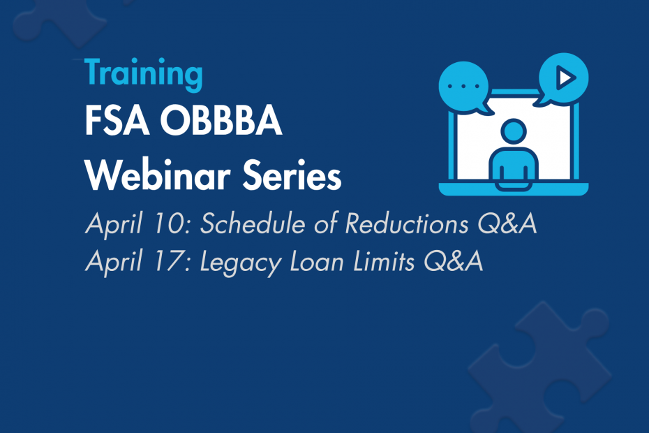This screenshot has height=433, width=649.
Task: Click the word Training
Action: point(143,73)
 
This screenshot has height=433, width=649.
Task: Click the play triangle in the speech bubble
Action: point(565,78)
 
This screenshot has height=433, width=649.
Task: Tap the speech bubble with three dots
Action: point(461,85)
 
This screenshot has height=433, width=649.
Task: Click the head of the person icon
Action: point(513,131)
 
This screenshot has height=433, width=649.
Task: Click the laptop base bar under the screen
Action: point(513,189)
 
